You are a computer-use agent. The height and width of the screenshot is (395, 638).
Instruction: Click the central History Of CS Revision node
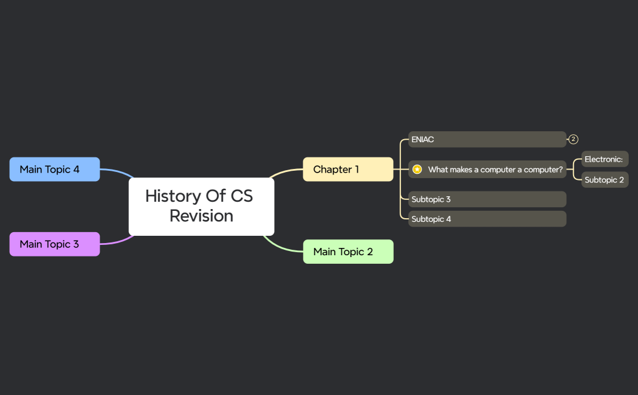201,206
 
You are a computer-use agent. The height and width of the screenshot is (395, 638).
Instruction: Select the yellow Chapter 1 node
348,169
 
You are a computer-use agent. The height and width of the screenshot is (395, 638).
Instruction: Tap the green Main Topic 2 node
348,252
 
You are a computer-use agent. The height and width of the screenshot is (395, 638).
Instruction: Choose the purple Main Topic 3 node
55,244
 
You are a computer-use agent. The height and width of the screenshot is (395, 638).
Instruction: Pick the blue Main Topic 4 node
55,169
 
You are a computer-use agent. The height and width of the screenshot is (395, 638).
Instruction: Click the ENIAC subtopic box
487,139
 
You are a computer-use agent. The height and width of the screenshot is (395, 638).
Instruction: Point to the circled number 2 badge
573,139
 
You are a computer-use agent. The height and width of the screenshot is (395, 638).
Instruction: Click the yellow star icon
417,170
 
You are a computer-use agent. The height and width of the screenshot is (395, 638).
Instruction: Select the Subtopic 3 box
487,199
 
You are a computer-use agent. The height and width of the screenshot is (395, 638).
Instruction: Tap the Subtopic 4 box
487,219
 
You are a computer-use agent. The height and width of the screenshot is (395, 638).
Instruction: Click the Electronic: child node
605,159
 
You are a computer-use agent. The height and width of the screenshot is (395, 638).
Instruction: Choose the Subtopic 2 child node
605,180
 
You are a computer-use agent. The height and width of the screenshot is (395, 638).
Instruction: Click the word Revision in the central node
201,216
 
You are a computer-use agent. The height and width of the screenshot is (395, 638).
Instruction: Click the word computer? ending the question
544,170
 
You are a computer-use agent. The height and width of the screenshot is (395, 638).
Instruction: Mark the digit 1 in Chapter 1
357,169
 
